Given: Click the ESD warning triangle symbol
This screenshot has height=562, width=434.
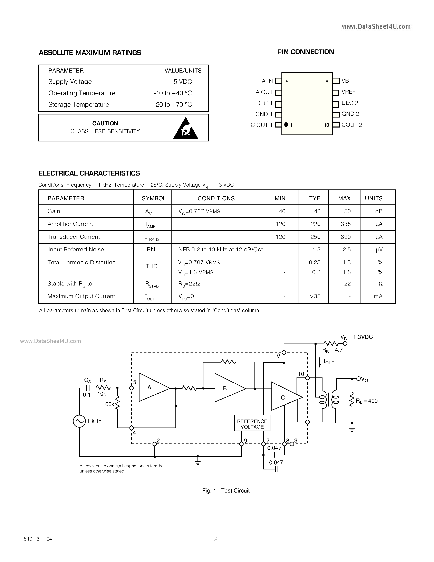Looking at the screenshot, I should (185, 129).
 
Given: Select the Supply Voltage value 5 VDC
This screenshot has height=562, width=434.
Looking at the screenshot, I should (183, 82).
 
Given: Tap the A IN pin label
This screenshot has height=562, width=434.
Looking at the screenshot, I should (267, 81).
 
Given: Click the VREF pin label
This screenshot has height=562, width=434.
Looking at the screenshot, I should (348, 92).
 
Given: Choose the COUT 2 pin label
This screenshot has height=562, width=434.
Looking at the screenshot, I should (352, 125).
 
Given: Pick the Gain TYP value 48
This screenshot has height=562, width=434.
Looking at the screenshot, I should (317, 211).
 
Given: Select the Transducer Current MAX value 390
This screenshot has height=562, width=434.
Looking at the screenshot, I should (346, 237).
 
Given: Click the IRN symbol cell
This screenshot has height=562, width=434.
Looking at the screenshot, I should (150, 250).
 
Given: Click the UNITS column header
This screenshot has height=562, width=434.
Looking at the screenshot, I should (374, 198).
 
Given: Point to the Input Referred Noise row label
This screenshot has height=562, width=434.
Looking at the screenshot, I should (76, 250).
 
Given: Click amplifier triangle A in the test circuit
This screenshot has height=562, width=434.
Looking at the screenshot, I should (152, 387).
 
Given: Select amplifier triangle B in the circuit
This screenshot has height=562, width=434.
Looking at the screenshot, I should (228, 388).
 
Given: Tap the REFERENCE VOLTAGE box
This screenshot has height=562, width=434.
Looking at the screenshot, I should (252, 424).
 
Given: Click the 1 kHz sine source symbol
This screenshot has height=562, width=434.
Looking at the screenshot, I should (79, 421).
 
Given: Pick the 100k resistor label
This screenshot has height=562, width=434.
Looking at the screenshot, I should (108, 404).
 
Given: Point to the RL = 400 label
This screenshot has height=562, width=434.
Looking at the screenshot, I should (367, 401).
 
